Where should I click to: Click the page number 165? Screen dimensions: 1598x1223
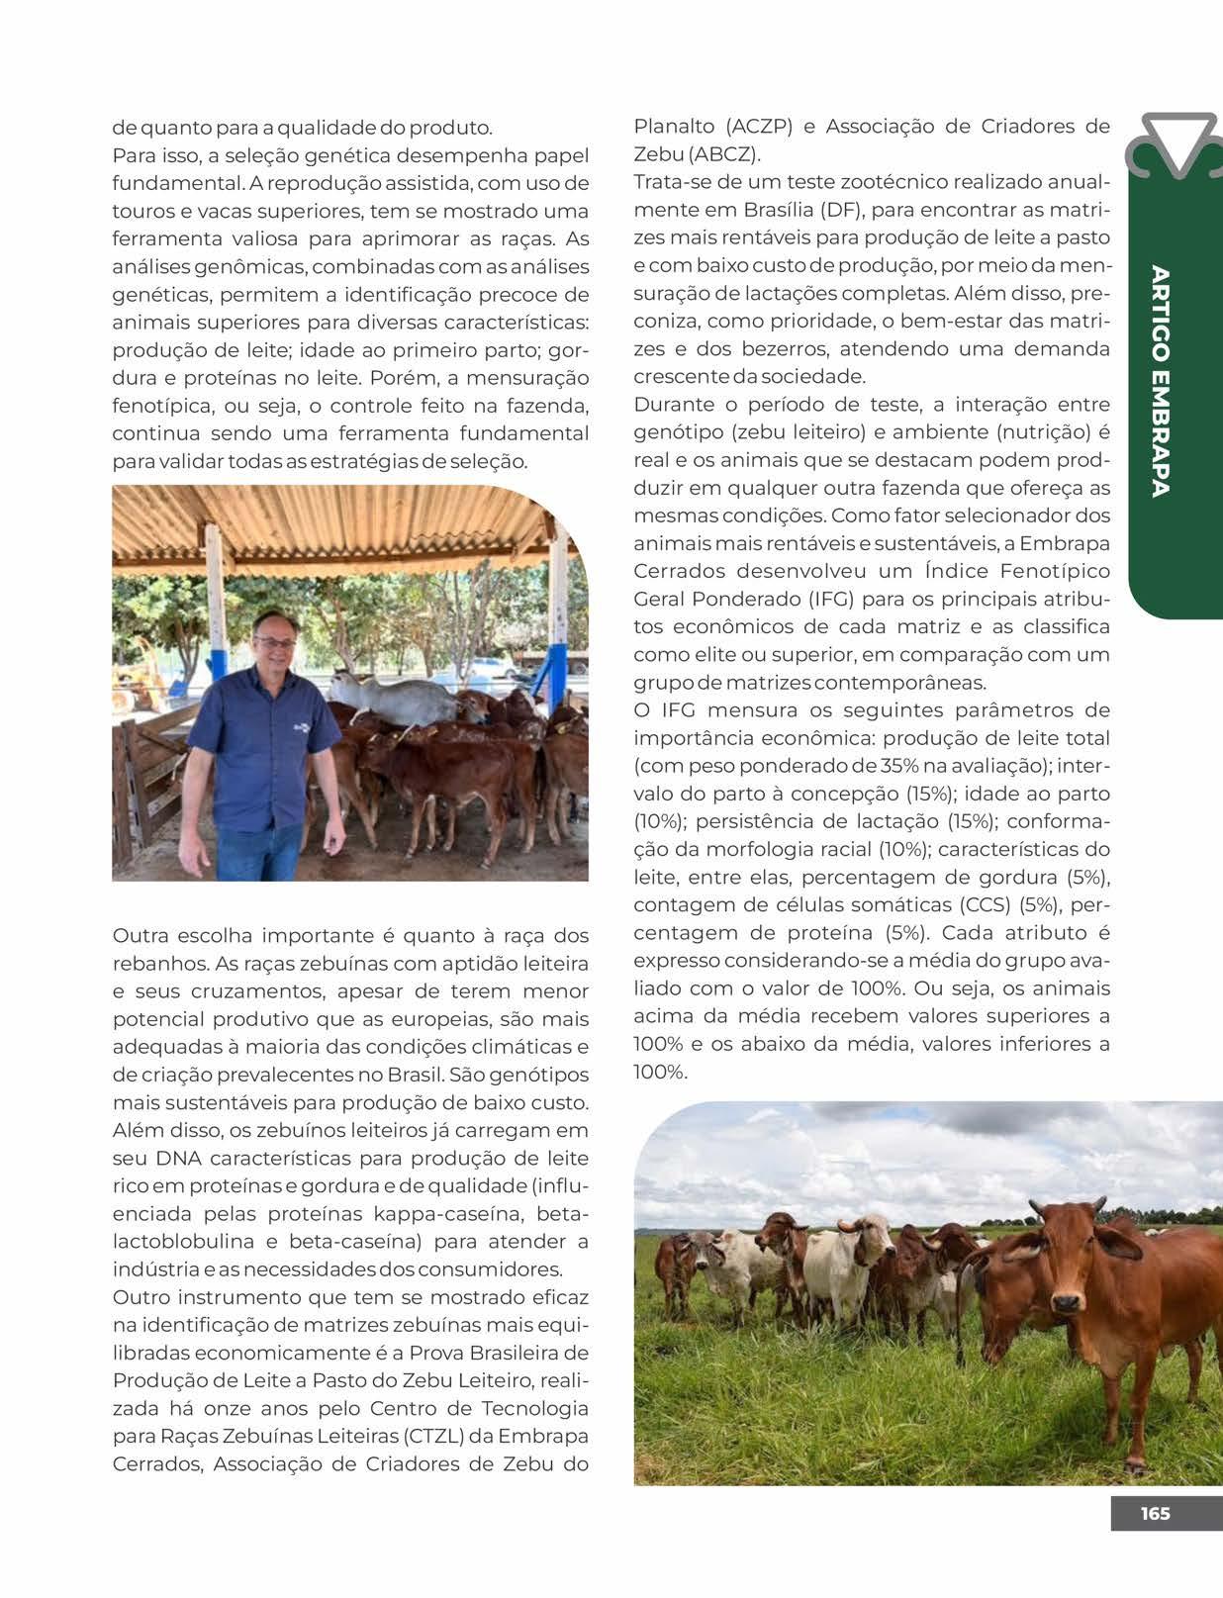(1155, 1513)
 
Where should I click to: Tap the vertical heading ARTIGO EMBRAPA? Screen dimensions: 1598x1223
(1161, 381)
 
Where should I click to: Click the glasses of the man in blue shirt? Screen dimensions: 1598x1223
(274, 643)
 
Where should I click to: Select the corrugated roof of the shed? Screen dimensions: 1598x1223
(336, 524)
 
